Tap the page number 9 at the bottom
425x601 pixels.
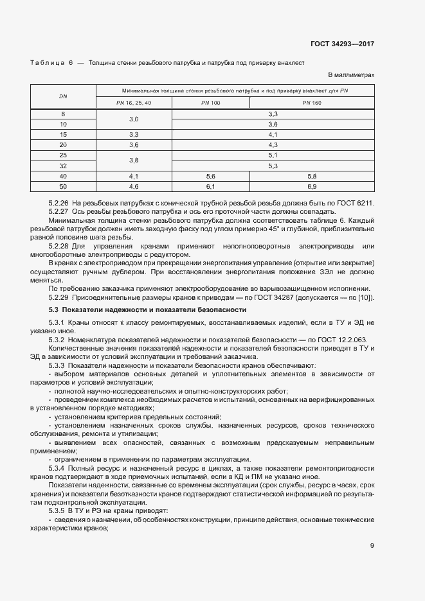pos(372,546)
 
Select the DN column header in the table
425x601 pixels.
pos(63,96)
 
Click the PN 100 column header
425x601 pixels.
pos(210,103)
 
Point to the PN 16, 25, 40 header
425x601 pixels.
pos(134,103)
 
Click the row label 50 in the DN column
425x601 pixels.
pos(63,186)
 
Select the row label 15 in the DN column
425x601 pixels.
pos(63,134)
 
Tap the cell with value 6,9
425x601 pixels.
pos(312,186)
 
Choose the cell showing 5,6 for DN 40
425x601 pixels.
pos(210,176)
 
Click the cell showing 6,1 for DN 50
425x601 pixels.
pos(210,186)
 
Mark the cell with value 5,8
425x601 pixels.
pos(312,176)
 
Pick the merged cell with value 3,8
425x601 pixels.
pos(134,160)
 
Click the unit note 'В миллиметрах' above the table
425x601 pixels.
pos(351,75)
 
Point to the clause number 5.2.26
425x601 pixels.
pos(59,203)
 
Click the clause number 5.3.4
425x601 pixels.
pos(59,468)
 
